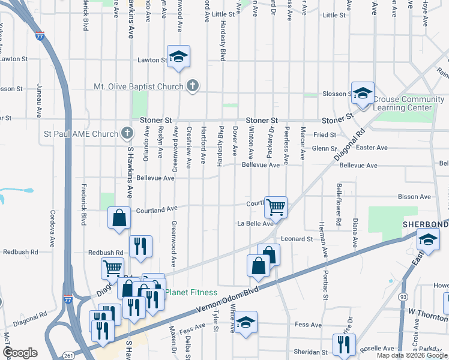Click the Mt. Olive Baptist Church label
coord(138,86)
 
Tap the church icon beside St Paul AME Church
coord(126,133)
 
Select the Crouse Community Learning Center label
coord(403,103)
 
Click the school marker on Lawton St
coord(178,57)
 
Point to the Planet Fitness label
coord(191,293)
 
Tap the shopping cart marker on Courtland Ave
coord(276,208)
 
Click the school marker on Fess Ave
coord(245,322)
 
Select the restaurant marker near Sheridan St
coord(344,345)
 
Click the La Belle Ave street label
coord(255,224)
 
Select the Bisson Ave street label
coord(414,197)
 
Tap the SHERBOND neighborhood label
coord(425,224)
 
